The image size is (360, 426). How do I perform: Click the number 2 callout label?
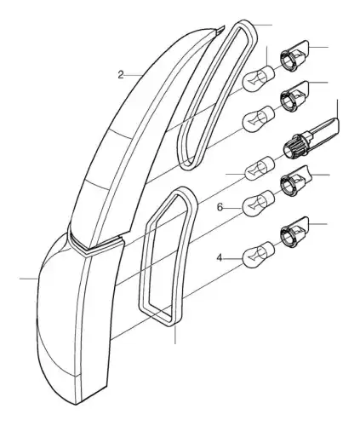[121, 75]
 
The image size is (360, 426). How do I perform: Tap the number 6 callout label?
[220, 208]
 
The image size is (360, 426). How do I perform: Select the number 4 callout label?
[220, 258]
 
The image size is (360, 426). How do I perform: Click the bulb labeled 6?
[258, 201]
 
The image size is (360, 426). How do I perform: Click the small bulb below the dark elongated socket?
[260, 168]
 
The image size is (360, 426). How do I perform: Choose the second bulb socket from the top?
[294, 96]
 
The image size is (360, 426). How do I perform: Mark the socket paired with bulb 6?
[295, 181]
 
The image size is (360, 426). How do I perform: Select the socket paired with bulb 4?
[294, 232]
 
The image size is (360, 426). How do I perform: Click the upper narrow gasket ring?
[224, 94]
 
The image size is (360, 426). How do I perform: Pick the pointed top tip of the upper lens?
[224, 26]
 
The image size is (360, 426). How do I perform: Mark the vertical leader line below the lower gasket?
[175, 335]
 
